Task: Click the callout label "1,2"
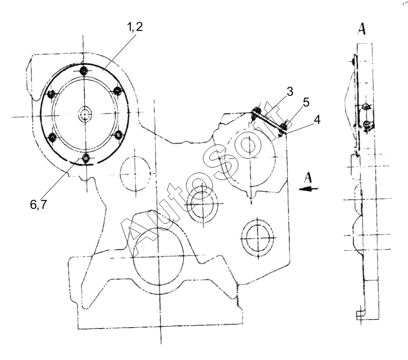[x=135, y=27]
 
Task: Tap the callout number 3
[x=290, y=92]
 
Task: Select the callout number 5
[x=306, y=102]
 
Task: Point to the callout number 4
[x=317, y=120]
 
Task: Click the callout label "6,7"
[x=38, y=205]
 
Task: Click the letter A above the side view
[x=362, y=29]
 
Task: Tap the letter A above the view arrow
[x=308, y=178]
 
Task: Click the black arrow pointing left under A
[x=308, y=189]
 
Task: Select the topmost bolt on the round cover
[x=83, y=70]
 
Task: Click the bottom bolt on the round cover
[x=85, y=157]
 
